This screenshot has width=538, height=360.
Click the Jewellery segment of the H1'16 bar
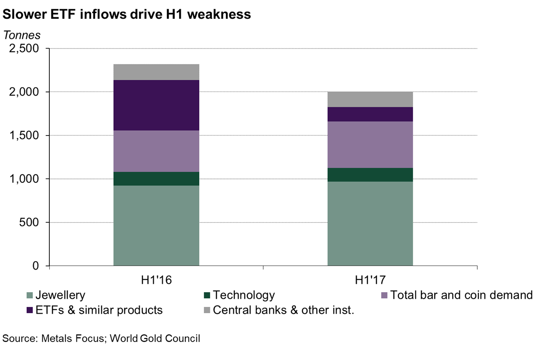pos(156,225)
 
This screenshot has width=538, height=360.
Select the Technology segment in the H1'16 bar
pos(156,179)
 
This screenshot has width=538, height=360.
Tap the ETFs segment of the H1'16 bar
pos(156,105)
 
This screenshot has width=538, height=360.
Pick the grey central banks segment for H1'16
pos(156,72)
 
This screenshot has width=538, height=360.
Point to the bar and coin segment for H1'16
pos(156,151)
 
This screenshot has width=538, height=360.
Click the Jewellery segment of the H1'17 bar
pos(370,223)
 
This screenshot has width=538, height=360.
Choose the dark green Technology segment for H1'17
pos(370,174)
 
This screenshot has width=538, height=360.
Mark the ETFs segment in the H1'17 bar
pos(370,114)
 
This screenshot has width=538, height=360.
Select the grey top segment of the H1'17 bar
pos(370,99)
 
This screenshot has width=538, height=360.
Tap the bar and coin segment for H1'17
pos(370,144)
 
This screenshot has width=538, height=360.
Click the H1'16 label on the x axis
pos(156,280)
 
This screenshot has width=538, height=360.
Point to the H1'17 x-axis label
pos(370,280)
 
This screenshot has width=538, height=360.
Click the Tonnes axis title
pos(22,35)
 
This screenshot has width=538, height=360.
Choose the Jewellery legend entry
pos(59,295)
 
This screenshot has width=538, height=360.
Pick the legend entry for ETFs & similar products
pos(98,310)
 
